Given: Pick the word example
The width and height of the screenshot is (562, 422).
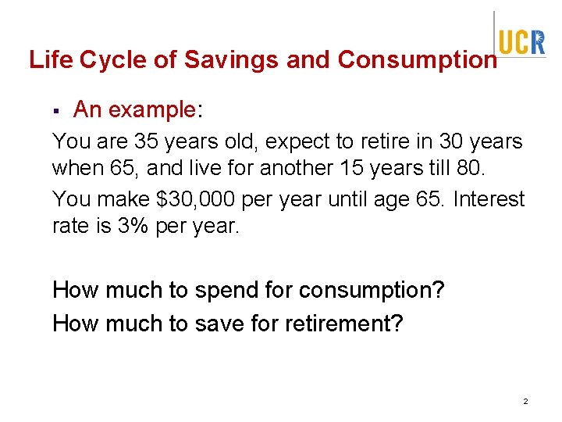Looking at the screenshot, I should [154, 110].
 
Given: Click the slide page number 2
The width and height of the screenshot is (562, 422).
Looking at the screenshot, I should [525, 401].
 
